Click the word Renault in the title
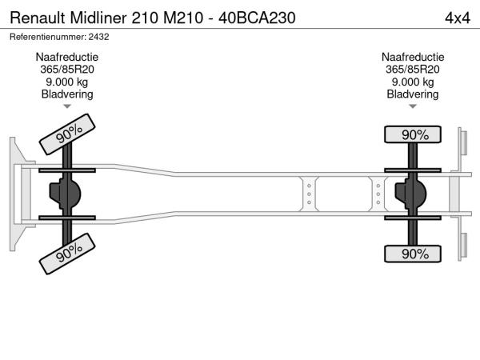click(x=38, y=18)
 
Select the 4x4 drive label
click(x=458, y=18)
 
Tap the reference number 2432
click(x=98, y=37)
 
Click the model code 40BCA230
click(x=257, y=18)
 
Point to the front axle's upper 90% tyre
click(x=67, y=134)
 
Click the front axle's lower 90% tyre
click(x=67, y=254)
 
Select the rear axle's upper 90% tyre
click(x=413, y=134)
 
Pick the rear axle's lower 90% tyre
click(x=413, y=254)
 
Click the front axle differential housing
click(x=65, y=194)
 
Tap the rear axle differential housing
click(x=410, y=194)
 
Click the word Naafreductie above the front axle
click(x=67, y=57)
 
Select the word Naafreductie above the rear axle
click(x=413, y=57)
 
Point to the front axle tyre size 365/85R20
click(x=67, y=70)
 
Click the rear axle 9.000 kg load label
click(x=413, y=82)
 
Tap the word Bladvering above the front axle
click(x=67, y=94)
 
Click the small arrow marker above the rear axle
click(x=413, y=106)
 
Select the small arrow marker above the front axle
click(x=67, y=106)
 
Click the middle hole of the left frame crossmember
click(x=309, y=194)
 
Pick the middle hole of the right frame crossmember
click(x=378, y=194)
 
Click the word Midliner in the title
click(x=98, y=18)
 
